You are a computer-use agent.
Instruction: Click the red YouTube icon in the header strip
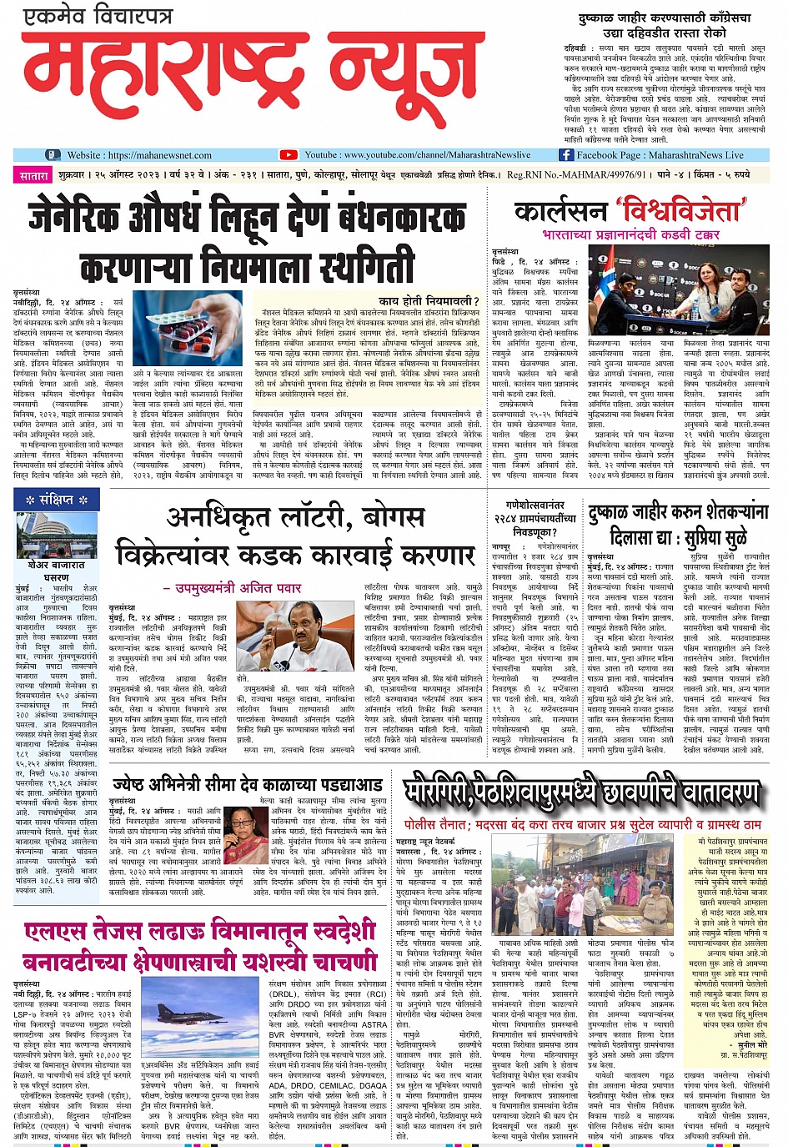[289, 155]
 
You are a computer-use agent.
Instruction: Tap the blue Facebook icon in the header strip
[566, 155]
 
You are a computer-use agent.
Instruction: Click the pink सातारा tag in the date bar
[34, 176]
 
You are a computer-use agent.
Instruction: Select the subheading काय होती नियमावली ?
[428, 300]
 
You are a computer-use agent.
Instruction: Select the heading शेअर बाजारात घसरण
[57, 571]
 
